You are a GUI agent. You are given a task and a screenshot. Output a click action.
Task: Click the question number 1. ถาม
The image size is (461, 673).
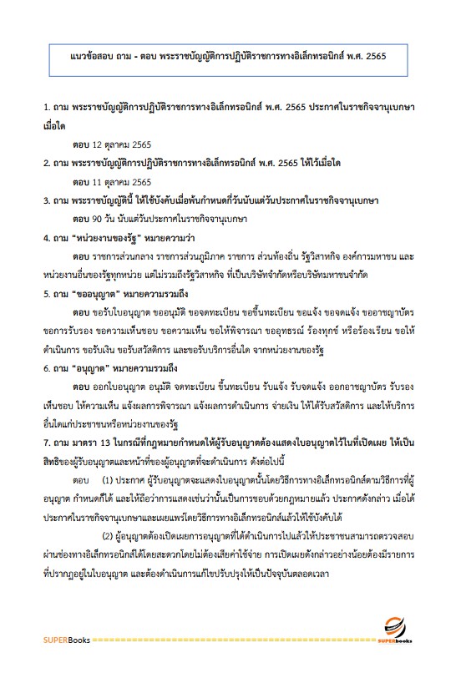pos(58,109)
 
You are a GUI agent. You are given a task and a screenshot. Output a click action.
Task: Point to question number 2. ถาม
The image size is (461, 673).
pos(58,163)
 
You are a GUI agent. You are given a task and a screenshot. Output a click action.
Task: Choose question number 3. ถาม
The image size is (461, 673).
pos(58,200)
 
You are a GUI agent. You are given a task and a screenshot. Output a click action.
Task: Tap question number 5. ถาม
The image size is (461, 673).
pos(58,295)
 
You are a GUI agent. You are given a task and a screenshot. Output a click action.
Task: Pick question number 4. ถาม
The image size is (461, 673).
pos(58,237)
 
